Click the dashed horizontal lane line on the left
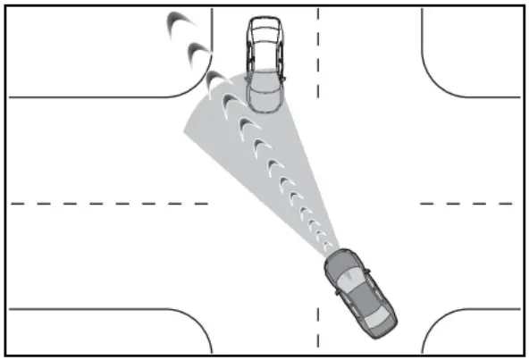coord(107,204)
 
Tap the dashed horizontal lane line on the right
coord(465,204)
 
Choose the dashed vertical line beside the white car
coord(318,54)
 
